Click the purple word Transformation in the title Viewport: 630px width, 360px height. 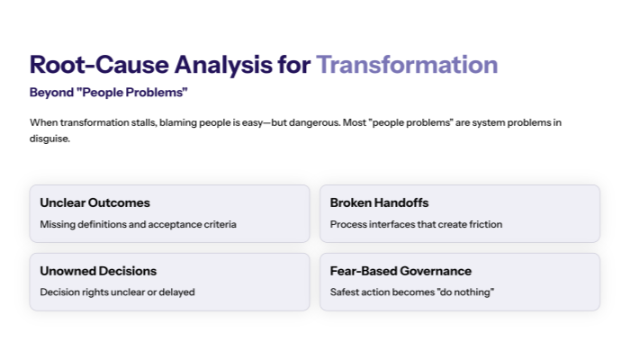click(407, 65)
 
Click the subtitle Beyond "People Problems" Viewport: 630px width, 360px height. click(108, 93)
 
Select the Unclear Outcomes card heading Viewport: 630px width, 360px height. click(94, 202)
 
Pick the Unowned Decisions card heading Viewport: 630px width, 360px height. click(98, 271)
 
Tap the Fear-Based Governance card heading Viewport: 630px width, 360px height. click(400, 271)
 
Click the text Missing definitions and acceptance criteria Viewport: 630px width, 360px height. click(138, 224)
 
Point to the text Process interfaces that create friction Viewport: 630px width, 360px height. click(416, 224)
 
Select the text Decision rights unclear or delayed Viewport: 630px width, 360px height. click(117, 292)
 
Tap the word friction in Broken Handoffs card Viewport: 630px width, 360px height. click(485, 224)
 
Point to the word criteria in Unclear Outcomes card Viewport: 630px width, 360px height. click(219, 224)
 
